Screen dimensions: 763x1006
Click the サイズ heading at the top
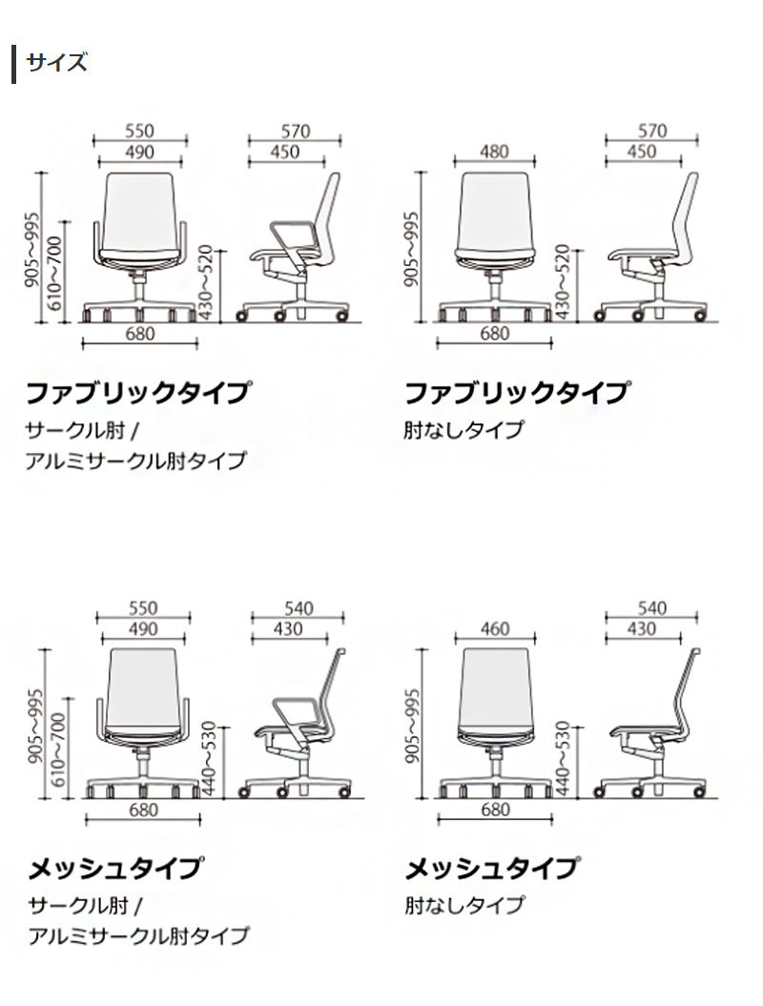click(56, 63)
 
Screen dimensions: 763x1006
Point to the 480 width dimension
click(494, 152)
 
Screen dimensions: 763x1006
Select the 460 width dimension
click(495, 628)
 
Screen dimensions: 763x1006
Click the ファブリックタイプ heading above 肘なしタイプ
click(516, 393)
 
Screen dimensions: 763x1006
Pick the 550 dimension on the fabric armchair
click(140, 131)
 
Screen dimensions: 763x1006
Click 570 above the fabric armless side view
click(652, 131)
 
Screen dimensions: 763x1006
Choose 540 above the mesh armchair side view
click(299, 608)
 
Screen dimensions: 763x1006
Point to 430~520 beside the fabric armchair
click(205, 281)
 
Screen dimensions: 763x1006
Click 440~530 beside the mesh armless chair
click(562, 758)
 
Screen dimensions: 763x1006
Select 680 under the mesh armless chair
click(495, 810)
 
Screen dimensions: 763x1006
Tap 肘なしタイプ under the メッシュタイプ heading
click(464, 905)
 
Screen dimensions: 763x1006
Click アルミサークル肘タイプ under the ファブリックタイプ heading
click(136, 460)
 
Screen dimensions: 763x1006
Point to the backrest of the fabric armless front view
click(495, 211)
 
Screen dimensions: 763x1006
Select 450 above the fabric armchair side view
click(284, 152)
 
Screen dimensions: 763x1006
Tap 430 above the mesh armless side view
click(642, 628)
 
